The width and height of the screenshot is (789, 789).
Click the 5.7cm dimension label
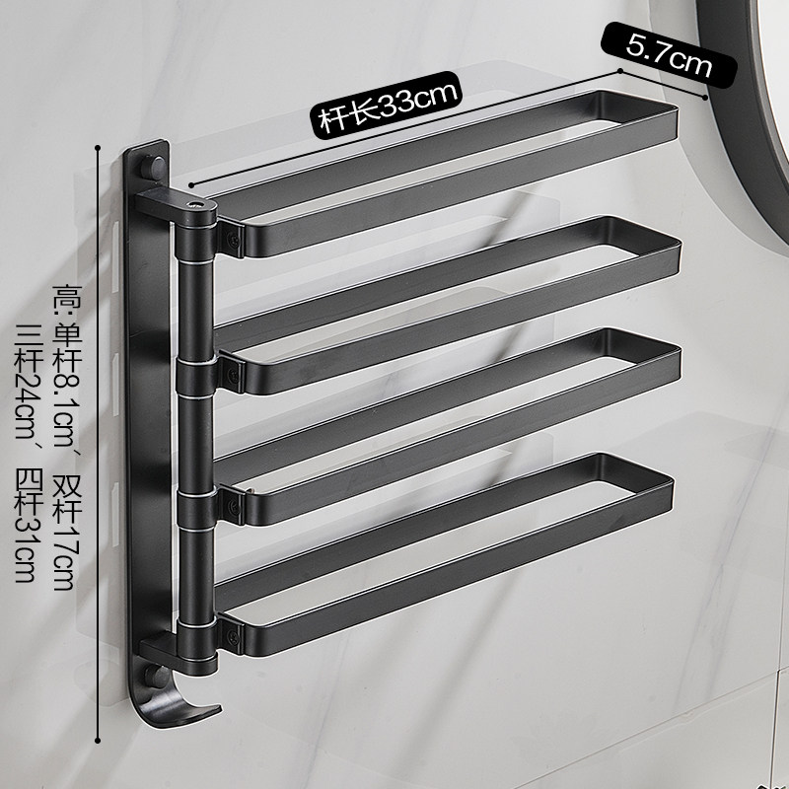(x=669, y=55)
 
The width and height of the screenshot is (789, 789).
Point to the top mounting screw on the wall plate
(x=154, y=167)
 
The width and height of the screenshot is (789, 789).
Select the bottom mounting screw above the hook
(x=155, y=675)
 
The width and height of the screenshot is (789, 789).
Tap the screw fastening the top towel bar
(x=233, y=241)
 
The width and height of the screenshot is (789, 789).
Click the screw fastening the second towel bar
(x=233, y=374)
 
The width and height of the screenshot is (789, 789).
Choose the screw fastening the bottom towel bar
(x=233, y=637)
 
